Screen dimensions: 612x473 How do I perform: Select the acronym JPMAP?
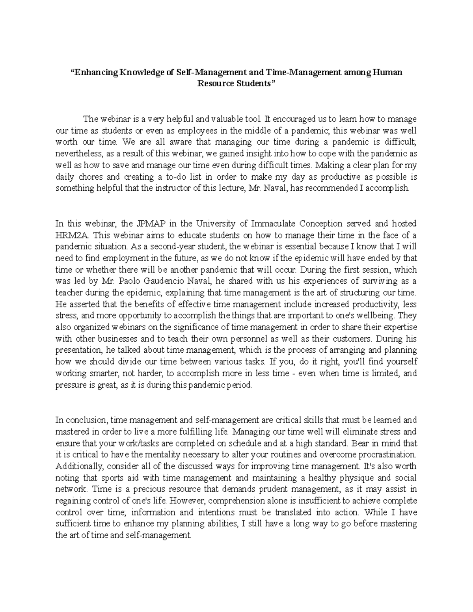(151, 223)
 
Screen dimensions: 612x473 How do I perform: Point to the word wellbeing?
(380, 316)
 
